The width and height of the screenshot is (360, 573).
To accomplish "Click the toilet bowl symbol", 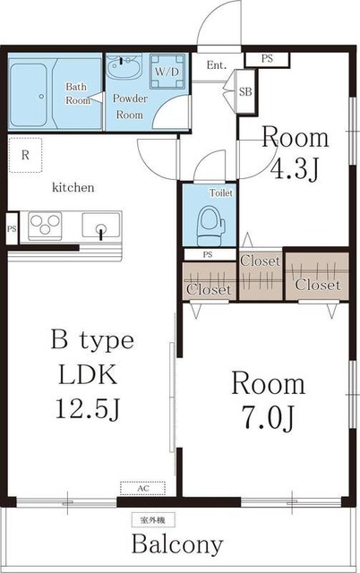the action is coord(210,226).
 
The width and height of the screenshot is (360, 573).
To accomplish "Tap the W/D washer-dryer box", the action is coord(167,72).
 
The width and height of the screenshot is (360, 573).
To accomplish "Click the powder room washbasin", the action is coord(124,65).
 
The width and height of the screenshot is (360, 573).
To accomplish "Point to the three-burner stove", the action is coord(45,225).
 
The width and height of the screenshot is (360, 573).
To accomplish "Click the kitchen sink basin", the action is coord(101,224).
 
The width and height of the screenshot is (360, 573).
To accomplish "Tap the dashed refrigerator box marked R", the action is coord(25,155).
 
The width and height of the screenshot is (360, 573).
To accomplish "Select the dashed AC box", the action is coord(143,488).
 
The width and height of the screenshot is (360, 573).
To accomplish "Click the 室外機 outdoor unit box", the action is coord(153,520).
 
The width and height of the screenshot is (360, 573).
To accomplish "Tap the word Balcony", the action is coord(177,544).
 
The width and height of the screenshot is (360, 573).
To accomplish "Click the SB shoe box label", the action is coord(245,91).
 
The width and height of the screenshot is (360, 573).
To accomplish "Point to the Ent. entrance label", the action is coord(217,65).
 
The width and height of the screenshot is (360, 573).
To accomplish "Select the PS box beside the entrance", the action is coord(267,59).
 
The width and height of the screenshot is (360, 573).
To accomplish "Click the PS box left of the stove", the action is coord(12,229).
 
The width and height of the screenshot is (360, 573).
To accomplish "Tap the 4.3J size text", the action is coord(295,169).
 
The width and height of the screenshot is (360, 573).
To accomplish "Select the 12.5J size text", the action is coord(88,408).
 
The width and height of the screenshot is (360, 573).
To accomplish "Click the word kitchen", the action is coord(73,187).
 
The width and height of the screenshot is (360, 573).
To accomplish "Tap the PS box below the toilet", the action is coord(209,254).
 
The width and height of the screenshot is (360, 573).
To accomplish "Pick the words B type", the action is coord(92,341).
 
